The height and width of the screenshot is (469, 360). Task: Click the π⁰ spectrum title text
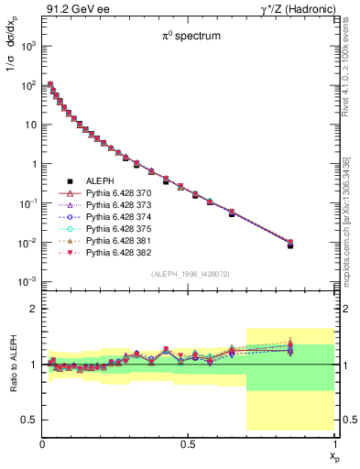188,39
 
